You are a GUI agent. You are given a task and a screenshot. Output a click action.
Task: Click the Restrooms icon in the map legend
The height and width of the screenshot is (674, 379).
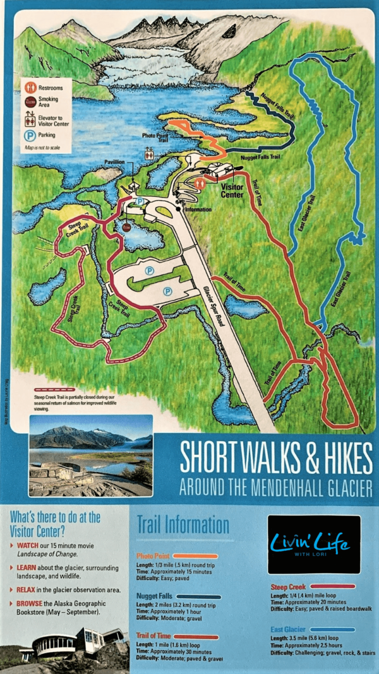click(x=28, y=87)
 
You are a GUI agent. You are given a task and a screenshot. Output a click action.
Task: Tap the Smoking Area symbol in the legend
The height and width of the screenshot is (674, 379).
click(x=28, y=101)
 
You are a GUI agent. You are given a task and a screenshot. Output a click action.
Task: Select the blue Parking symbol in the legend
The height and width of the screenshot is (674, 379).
click(x=28, y=134)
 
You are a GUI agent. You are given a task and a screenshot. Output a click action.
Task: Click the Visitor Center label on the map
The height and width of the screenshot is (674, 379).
click(x=232, y=190)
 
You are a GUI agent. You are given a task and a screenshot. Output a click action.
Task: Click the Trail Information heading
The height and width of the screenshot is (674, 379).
click(x=183, y=525)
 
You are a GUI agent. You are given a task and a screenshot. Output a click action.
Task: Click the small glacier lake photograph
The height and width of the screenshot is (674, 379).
click(x=90, y=456)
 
